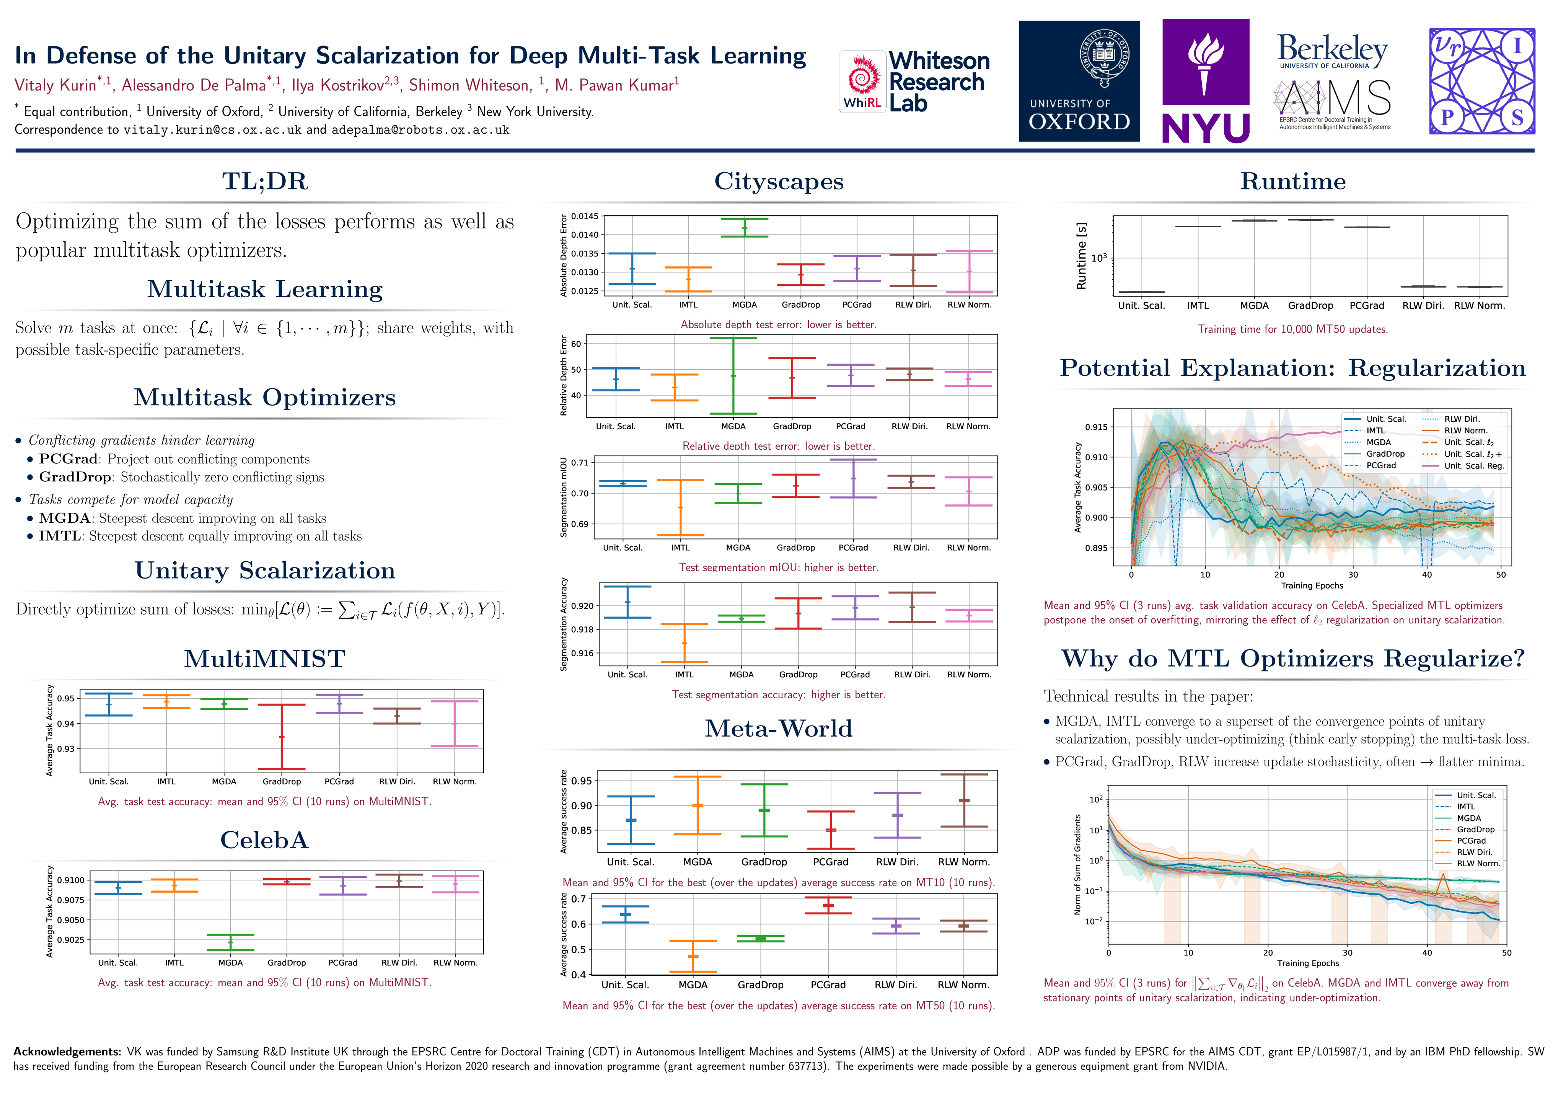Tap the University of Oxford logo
1079,82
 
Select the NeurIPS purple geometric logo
1482,82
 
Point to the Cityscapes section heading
778,182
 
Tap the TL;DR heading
265,182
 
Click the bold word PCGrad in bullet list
68,460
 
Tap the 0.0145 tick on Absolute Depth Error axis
584,217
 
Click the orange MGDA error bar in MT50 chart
693,956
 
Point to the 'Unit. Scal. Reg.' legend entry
1474,466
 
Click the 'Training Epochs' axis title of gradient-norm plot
1308,963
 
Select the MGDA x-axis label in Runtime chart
1254,306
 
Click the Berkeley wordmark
1332,49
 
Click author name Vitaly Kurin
55,85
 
